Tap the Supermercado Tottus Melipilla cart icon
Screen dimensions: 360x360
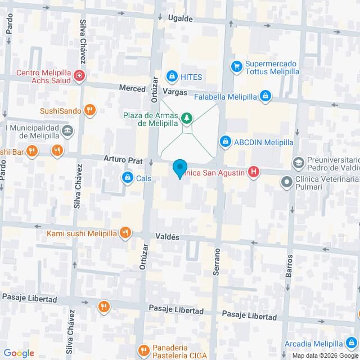(x=236, y=66)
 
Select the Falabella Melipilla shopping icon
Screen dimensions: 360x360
(x=264, y=97)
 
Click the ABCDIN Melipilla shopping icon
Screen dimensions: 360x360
(x=226, y=141)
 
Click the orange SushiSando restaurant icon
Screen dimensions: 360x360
(x=89, y=110)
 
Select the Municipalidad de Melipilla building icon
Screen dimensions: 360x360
(x=68, y=132)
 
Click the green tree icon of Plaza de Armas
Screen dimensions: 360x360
(x=185, y=119)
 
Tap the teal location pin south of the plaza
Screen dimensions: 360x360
(x=179, y=168)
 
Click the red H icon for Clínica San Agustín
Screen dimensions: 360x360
(x=254, y=172)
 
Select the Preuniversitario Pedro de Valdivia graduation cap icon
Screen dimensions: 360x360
(x=298, y=163)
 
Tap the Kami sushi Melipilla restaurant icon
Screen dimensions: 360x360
(x=125, y=233)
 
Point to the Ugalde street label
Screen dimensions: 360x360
(x=181, y=19)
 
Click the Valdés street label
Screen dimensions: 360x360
(x=168, y=237)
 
